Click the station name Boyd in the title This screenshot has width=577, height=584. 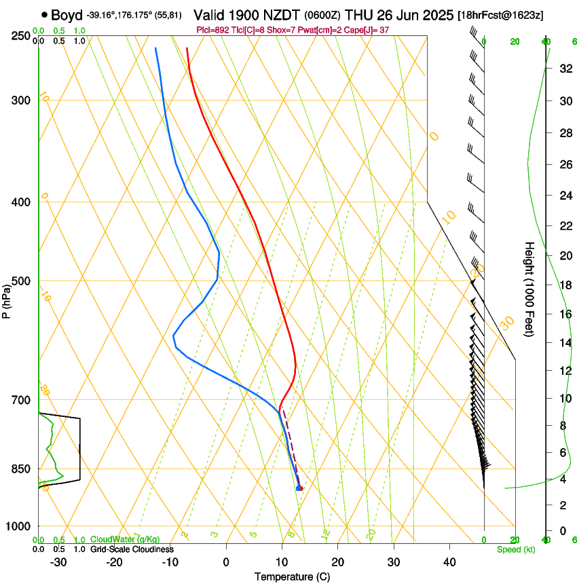[67, 14]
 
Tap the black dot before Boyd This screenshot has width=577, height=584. [44, 14]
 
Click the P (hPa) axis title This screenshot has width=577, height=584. [6, 297]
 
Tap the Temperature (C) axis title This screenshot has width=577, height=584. [292, 577]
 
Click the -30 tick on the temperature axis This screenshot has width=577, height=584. [58, 562]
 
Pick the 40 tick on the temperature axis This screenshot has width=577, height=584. [449, 562]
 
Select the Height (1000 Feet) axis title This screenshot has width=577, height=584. [529, 289]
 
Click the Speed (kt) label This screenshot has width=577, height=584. [515, 549]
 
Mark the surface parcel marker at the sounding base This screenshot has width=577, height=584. [299, 488]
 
